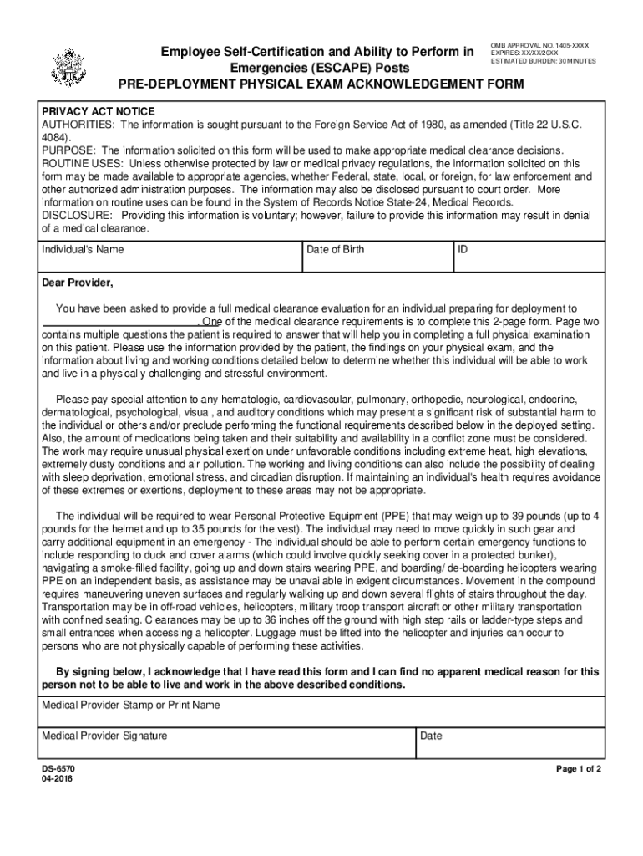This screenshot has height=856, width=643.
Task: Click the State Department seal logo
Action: (x=66, y=66)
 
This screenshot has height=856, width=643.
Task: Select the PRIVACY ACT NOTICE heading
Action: (x=99, y=111)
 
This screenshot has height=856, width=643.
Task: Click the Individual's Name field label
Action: (x=83, y=249)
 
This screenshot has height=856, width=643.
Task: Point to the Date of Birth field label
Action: (x=335, y=249)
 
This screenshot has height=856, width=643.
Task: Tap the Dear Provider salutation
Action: (x=78, y=282)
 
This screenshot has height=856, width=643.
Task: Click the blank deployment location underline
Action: (x=119, y=322)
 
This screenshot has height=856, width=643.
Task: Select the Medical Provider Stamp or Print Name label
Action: (x=131, y=705)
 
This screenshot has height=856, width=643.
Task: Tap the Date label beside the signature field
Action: (x=431, y=736)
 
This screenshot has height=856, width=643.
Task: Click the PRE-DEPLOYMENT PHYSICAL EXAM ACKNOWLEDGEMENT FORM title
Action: (x=321, y=84)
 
